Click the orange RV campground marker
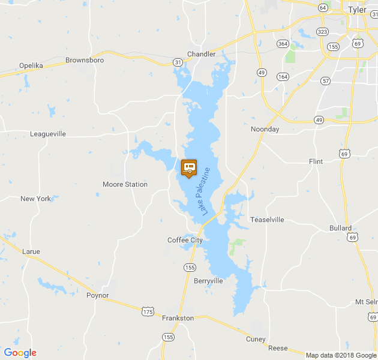[x=189, y=168]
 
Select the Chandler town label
[x=202, y=54]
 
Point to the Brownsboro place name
[x=85, y=61]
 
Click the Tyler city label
[x=356, y=10]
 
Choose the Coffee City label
[x=185, y=240]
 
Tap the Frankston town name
[x=178, y=318]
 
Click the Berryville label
[x=209, y=281]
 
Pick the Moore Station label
[x=125, y=184]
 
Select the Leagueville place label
[x=48, y=134]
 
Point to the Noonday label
[x=265, y=129]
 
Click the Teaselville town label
[x=267, y=220]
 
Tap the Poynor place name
[x=98, y=295]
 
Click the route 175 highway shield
[x=148, y=311]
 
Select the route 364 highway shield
[x=283, y=43]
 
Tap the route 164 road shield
[x=283, y=76]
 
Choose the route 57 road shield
[x=326, y=80]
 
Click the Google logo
[x=20, y=353]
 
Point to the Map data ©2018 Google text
[x=340, y=355]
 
